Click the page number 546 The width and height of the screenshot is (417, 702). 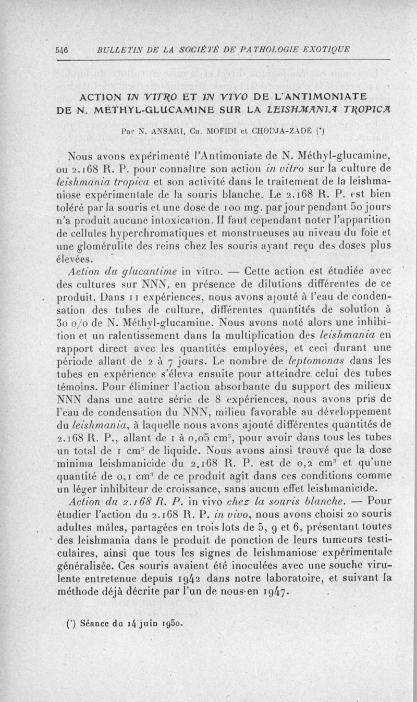(62, 50)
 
